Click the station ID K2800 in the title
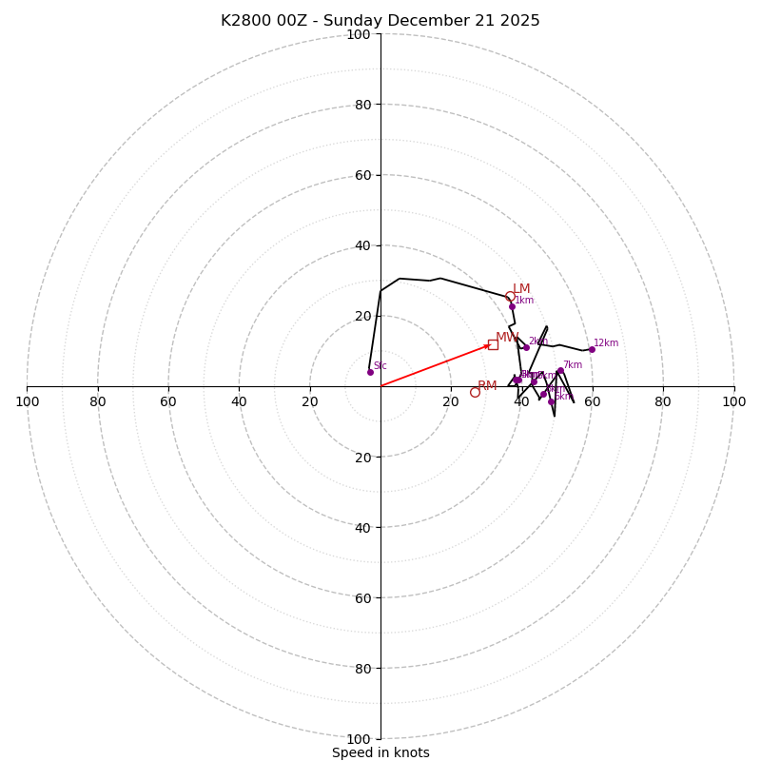pyautogui.click(x=244, y=21)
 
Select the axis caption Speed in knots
pyautogui.click(x=380, y=752)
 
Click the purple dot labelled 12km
pyautogui.click(x=591, y=349)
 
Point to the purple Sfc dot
pyautogui.click(x=370, y=372)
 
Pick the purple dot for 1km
pyautogui.click(x=512, y=306)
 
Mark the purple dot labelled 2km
pyautogui.click(x=526, y=347)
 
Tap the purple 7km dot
pyautogui.click(x=560, y=371)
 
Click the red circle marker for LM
pyautogui.click(x=510, y=296)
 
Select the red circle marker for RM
pyautogui.click(x=475, y=392)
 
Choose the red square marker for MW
pyautogui.click(x=493, y=344)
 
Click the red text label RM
pyautogui.click(x=487, y=386)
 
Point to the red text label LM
pyautogui.click(x=521, y=289)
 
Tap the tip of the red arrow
pyautogui.click(x=491, y=344)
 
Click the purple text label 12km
pyautogui.click(x=606, y=343)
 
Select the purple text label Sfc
pyautogui.click(x=380, y=365)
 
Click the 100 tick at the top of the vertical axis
pyautogui.click(x=359, y=34)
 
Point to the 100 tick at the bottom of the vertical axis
pyautogui.click(x=359, y=739)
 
